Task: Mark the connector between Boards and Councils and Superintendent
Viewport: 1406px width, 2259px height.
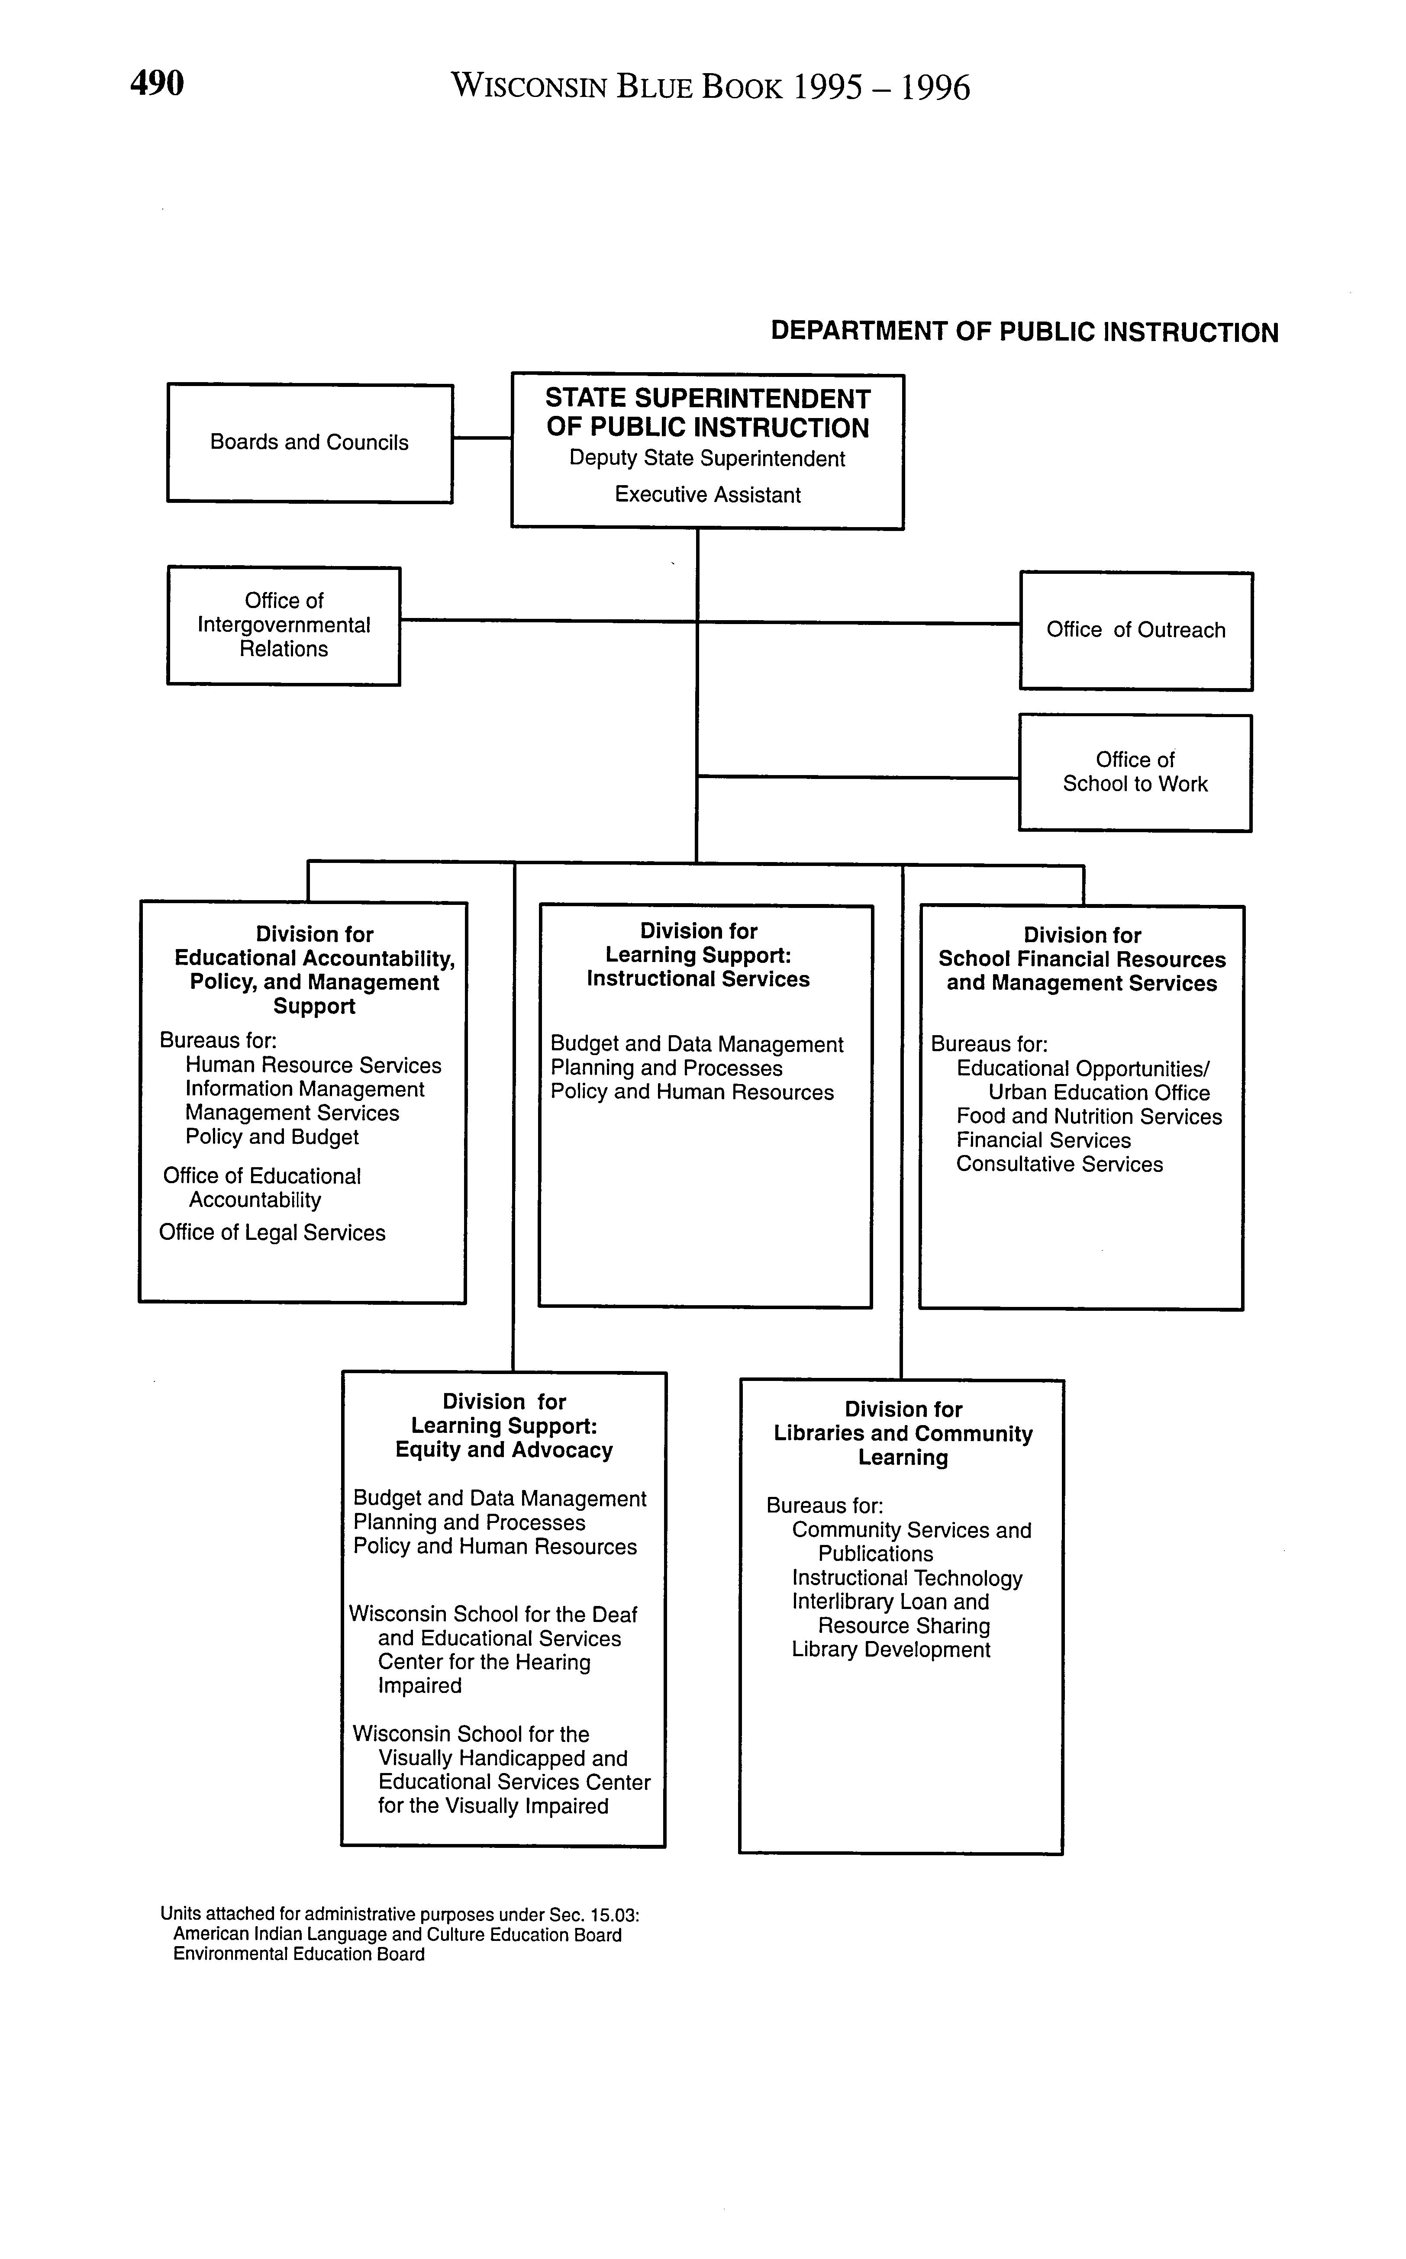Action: tap(482, 438)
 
